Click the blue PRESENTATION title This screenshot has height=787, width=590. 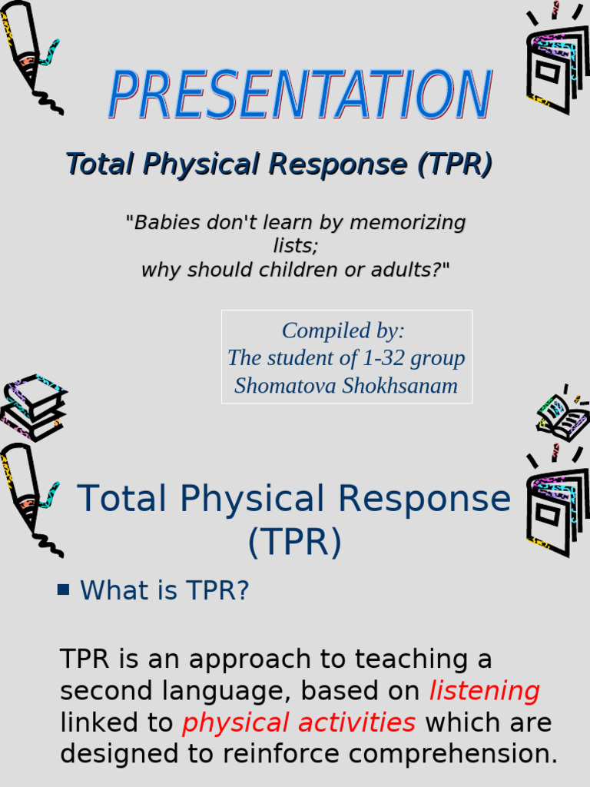300,95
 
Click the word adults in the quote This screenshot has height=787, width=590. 411,270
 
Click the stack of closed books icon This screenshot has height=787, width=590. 33,407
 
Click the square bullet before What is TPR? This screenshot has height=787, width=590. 64,590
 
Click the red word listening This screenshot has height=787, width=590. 484,691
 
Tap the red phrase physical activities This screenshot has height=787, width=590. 299,722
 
